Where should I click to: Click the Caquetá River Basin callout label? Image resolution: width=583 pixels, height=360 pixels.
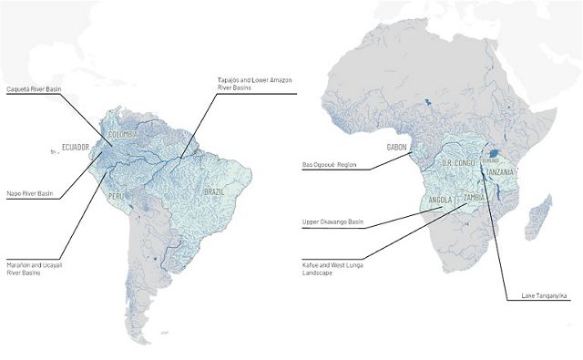[x=34, y=89]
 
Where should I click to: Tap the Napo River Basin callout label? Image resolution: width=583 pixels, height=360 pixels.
[x=29, y=194]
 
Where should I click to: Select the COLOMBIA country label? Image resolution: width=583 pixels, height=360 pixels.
[x=123, y=135]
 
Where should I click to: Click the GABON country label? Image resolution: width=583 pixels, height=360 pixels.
[x=397, y=147]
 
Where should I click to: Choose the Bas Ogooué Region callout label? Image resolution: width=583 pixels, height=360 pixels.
[x=327, y=166]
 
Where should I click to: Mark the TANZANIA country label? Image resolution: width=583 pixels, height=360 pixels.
[x=502, y=172]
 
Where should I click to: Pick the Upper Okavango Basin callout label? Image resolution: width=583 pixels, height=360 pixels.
[x=332, y=221]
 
